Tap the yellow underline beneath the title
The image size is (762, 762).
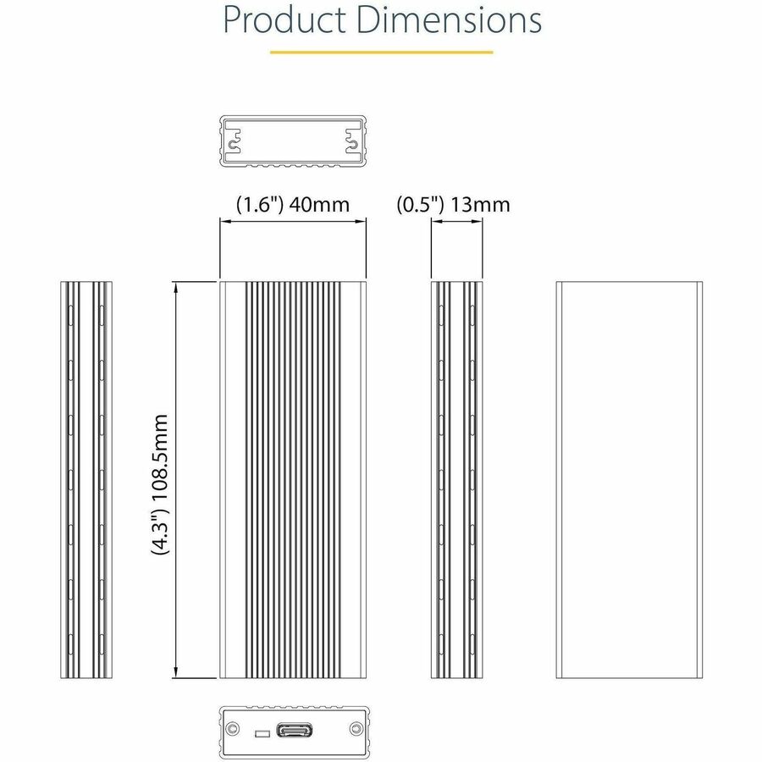click(x=381, y=52)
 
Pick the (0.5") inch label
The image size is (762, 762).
click(x=421, y=204)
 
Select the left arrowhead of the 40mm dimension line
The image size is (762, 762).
click(x=224, y=222)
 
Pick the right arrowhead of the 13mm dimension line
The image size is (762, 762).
click(x=478, y=222)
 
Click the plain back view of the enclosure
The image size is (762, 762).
click(x=628, y=479)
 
